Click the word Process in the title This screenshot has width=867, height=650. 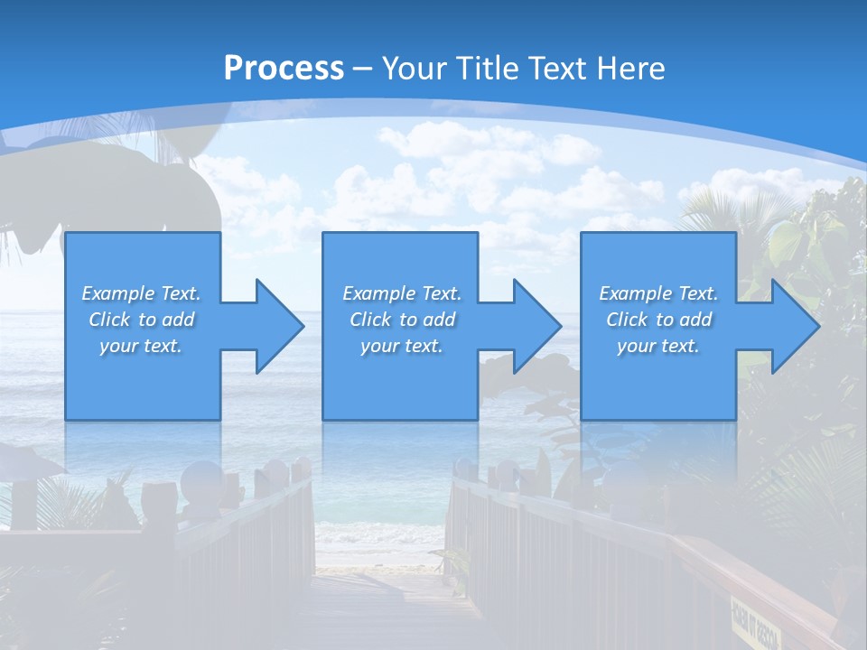(284, 68)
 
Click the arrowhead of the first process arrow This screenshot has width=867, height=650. (280, 326)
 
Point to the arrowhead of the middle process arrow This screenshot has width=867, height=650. (537, 326)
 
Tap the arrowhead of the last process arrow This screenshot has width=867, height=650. (795, 326)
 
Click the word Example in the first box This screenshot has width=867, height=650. (118, 293)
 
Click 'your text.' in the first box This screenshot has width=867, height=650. (141, 346)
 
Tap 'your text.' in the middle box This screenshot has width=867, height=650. (402, 346)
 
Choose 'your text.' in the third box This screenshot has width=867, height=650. (658, 346)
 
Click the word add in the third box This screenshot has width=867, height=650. (694, 320)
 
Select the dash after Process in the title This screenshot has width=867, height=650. (362, 68)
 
